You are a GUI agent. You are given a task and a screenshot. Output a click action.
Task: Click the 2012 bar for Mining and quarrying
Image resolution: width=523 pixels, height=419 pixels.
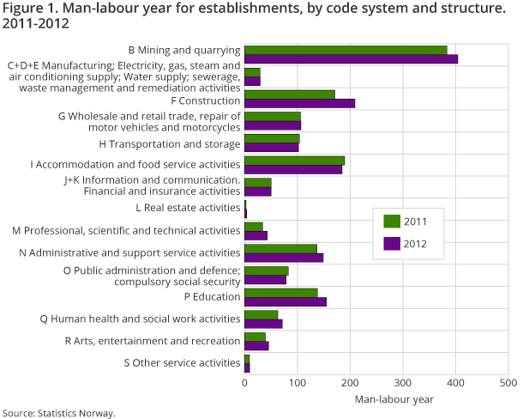[351, 59]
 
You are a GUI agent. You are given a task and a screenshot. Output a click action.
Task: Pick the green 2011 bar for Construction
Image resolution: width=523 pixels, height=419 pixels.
[289, 94]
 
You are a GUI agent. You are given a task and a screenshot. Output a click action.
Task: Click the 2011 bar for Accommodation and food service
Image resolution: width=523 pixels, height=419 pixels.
[294, 161]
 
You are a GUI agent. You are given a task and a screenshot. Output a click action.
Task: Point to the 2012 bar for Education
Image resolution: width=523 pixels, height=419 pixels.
[285, 301]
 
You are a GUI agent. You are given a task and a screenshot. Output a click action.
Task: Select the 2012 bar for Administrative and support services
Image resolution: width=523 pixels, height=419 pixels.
[284, 258]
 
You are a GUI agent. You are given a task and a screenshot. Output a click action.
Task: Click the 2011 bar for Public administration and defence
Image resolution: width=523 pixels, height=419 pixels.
[266, 270]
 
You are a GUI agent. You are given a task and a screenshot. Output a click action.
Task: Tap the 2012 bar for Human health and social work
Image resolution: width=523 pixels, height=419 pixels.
[263, 324]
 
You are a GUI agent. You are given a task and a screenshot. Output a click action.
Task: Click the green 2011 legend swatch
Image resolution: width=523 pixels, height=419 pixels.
[391, 222]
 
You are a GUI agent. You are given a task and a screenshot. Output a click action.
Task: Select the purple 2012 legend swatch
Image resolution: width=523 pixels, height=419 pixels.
[391, 243]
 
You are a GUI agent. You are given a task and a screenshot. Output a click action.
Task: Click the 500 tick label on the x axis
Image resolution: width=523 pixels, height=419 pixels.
[508, 382]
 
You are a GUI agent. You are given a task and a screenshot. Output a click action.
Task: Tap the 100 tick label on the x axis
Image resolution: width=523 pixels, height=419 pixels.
[298, 382]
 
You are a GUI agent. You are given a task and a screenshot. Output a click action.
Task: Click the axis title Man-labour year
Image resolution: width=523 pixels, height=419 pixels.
[394, 399]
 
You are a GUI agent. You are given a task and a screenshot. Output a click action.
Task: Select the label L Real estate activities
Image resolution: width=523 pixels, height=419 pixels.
[188, 208]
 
